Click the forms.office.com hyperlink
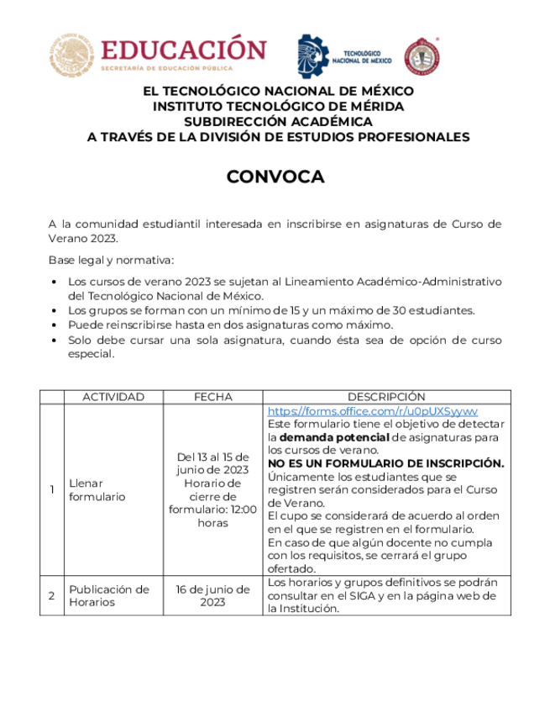coord(372,411)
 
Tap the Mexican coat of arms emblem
coord(71,55)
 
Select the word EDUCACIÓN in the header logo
coord(183,50)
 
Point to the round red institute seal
coord(422,57)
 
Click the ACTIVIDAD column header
coord(113,397)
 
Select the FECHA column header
coord(212,397)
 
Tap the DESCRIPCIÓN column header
coord(386,397)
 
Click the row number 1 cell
coord(51,489)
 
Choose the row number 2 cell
coord(51,595)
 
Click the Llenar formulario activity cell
coord(97,489)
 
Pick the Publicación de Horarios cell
coord(109,595)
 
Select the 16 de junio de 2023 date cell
coord(212,595)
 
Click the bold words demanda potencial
coord(333,438)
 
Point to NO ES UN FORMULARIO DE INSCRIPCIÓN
coord(385,463)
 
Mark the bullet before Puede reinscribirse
coord(55,325)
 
